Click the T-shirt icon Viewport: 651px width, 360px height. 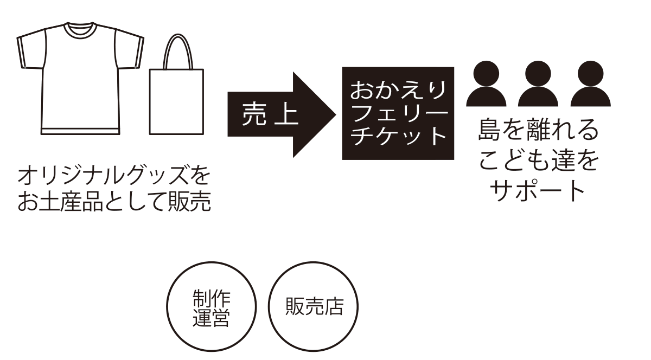80,81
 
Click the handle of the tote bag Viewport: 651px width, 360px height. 177,49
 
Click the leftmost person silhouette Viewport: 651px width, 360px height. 487,84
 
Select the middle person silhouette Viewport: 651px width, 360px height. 538,84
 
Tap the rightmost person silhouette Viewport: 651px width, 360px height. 590,84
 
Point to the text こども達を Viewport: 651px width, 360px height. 538,161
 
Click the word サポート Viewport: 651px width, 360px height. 538,190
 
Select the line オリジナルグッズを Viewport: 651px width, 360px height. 113,176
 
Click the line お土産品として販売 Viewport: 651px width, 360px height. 113,202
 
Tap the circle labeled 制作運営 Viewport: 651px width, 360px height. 211,307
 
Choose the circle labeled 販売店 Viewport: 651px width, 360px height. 314,307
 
